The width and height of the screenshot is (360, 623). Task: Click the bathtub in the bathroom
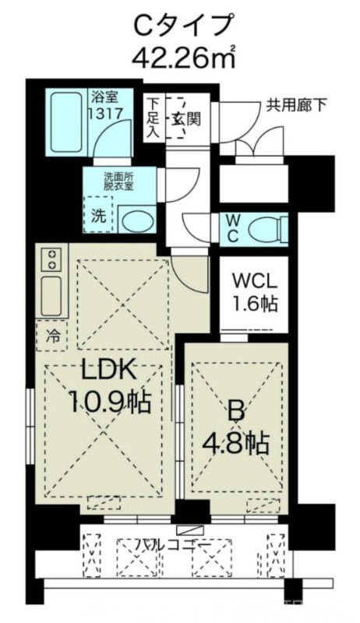coord(66,123)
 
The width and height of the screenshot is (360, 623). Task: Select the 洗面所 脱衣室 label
coord(118,181)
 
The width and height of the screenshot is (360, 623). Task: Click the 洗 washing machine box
coord(98,217)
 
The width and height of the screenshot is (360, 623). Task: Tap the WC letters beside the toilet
coord(233,228)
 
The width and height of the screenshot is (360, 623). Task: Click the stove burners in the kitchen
coord(53,259)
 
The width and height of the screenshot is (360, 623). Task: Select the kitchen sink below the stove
coord(53,294)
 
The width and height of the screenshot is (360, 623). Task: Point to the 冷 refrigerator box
coord(51,337)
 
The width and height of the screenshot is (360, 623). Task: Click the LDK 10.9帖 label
coord(109,389)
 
